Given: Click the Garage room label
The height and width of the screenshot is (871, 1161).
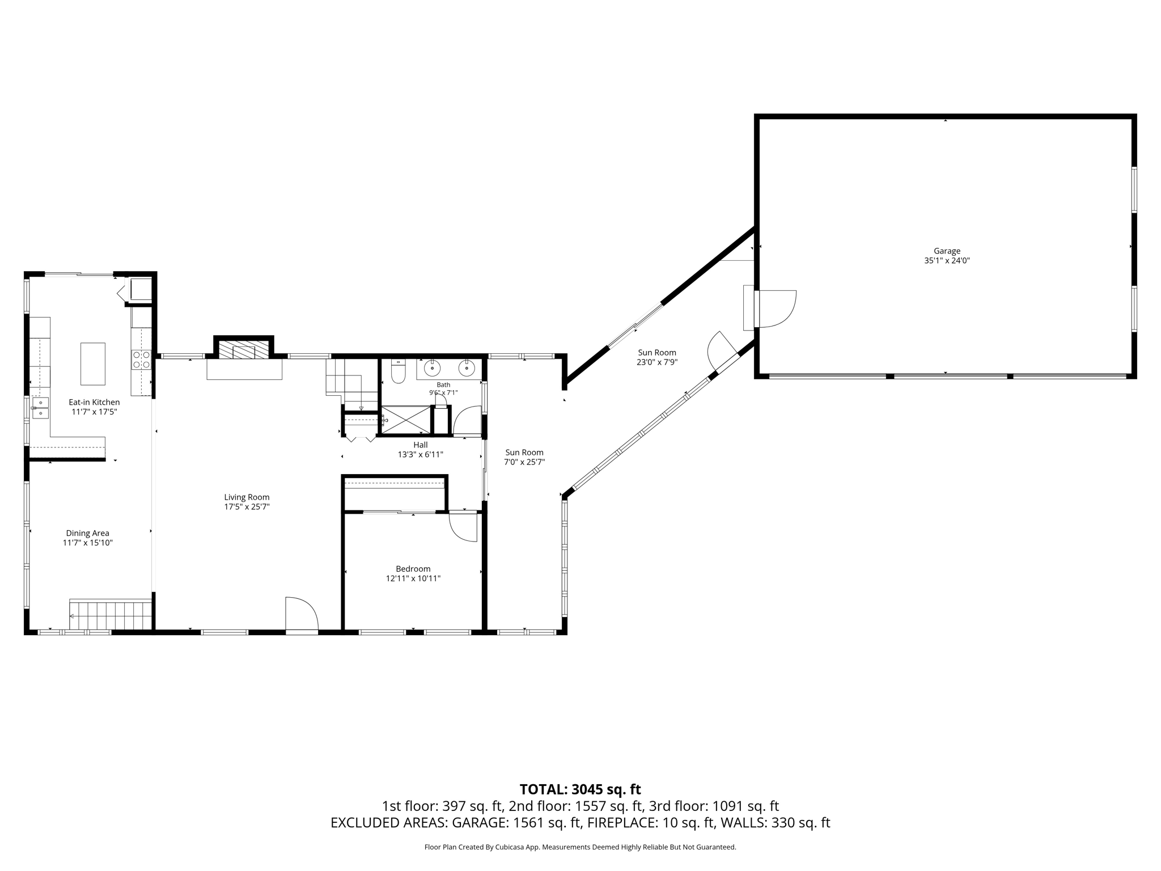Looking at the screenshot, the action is tap(947, 251).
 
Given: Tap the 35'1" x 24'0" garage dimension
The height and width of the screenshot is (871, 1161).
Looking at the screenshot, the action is tap(947, 261).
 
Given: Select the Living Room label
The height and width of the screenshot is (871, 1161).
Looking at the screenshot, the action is tap(247, 497).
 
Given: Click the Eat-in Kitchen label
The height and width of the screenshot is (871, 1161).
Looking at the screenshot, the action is tap(94, 402).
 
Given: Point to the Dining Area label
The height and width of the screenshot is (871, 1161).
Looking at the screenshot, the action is tap(87, 533).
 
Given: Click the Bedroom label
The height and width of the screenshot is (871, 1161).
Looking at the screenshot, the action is tap(413, 569).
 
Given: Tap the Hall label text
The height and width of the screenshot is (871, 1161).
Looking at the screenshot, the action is tap(421, 445).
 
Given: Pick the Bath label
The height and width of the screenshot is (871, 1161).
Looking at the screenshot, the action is tap(443, 385).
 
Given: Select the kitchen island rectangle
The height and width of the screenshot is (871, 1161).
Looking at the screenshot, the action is tap(93, 364).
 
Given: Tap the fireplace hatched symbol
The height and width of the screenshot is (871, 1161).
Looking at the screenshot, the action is tap(244, 349).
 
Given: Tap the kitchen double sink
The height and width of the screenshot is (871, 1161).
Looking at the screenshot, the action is tap(40, 408).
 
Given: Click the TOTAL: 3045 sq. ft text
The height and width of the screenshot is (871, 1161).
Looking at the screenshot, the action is tap(580, 789).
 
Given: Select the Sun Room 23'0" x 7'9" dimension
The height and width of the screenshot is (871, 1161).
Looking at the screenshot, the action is tap(657, 362).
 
